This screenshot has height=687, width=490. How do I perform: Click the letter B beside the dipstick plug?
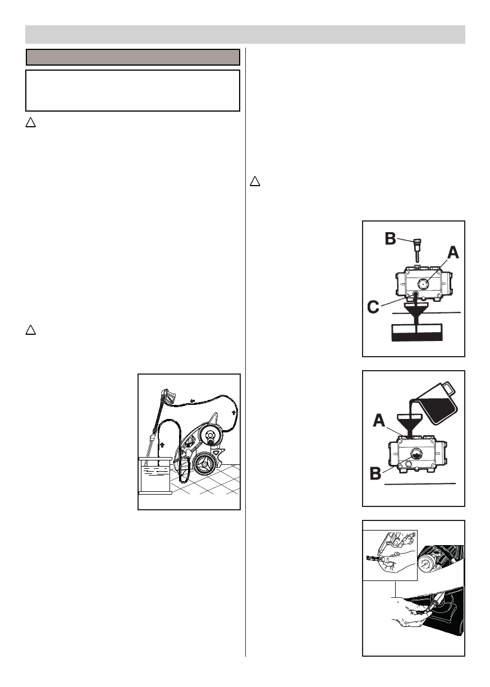click(389, 239)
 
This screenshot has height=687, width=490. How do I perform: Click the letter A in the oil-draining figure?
click(451, 253)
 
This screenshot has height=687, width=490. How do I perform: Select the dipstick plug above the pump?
click(416, 247)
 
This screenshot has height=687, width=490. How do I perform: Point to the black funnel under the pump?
click(415, 314)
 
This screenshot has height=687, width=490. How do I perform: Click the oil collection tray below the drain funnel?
click(416, 332)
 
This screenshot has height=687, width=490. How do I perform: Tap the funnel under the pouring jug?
click(411, 422)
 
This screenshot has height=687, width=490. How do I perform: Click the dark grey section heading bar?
click(134, 57)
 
